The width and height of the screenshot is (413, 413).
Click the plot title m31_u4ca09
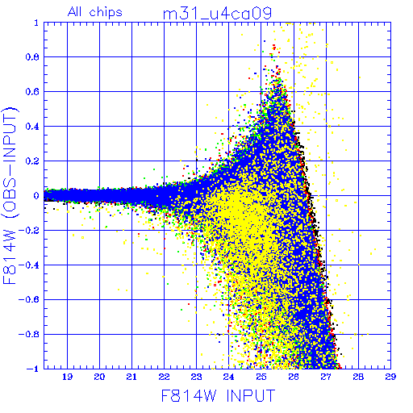(x=217, y=14)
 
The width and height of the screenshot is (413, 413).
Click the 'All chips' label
(x=95, y=12)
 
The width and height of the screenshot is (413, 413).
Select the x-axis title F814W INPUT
(x=218, y=395)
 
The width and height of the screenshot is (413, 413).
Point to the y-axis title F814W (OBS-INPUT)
(x=10, y=195)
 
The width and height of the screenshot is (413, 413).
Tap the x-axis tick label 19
(x=67, y=377)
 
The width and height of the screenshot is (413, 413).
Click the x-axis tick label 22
(x=164, y=377)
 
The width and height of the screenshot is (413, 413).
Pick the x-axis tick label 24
(x=228, y=377)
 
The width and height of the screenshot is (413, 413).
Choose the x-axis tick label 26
(x=294, y=377)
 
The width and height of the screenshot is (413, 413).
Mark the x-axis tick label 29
(x=390, y=377)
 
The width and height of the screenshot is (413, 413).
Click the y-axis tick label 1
(x=36, y=23)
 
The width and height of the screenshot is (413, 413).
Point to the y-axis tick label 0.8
(x=32, y=57)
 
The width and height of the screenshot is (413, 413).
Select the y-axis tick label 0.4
(x=32, y=127)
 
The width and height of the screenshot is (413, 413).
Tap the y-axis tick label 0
(x=36, y=195)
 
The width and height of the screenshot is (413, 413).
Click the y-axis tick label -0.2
(x=29, y=231)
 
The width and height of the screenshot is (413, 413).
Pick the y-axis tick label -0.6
(x=29, y=299)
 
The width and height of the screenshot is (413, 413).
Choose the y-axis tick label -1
(x=33, y=369)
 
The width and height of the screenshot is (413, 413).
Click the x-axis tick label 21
(x=131, y=377)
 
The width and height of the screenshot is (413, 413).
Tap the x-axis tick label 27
(x=326, y=377)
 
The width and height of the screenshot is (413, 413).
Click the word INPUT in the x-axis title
(x=251, y=395)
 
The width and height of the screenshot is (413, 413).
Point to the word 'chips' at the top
(x=106, y=12)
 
